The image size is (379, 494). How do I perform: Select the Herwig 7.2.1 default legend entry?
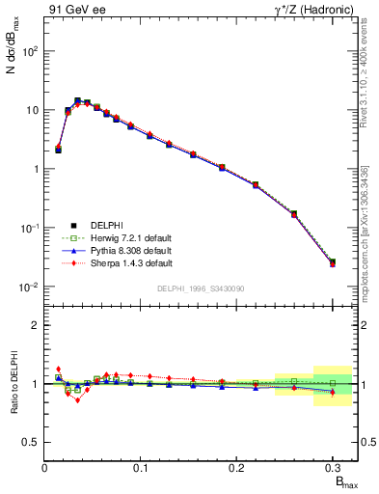118,237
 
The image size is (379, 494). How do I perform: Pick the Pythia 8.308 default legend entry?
118,250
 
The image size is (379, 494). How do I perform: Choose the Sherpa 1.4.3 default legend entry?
118,262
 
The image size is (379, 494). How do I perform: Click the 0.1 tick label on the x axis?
141,468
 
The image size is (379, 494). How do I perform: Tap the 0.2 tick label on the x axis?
236,468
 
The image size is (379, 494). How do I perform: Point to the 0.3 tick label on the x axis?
332,468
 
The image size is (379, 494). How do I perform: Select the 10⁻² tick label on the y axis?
28,287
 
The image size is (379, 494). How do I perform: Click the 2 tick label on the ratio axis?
34,325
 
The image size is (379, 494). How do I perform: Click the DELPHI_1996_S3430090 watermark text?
200,289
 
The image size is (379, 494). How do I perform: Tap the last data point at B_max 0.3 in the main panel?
333,262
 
